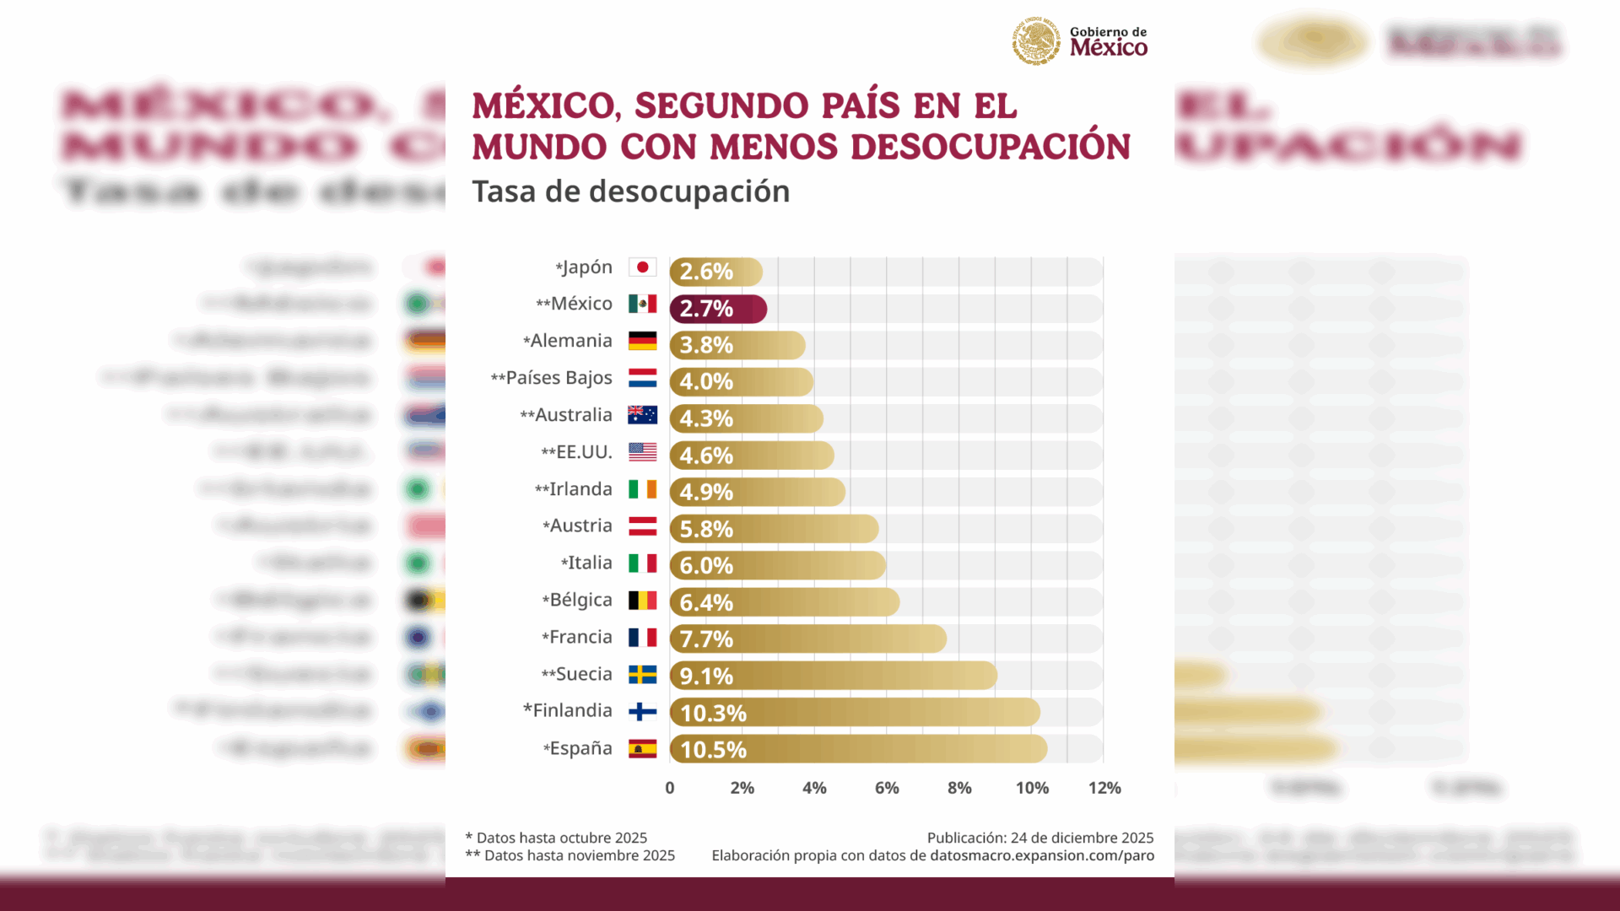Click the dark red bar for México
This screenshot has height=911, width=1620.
pyautogui.click(x=718, y=309)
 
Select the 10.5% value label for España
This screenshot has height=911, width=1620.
pyautogui.click(x=713, y=750)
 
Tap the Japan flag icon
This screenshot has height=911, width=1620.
pyautogui.click(x=642, y=267)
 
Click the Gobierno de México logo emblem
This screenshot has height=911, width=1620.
pyautogui.click(x=1036, y=40)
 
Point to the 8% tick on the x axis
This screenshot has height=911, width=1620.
pyautogui.click(x=959, y=788)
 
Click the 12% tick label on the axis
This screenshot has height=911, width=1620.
pyautogui.click(x=1104, y=788)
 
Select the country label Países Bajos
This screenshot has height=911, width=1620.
pyautogui.click(x=559, y=378)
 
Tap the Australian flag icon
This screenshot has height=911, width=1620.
pyautogui.click(x=642, y=415)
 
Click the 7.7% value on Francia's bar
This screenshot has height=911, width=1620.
pyautogui.click(x=706, y=639)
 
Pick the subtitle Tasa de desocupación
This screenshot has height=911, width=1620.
pyautogui.click(x=630, y=191)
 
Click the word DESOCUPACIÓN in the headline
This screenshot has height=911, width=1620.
pyautogui.click(x=990, y=147)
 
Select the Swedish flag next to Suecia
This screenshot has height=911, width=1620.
pyautogui.click(x=642, y=674)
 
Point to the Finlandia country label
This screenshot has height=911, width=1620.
pyautogui.click(x=572, y=710)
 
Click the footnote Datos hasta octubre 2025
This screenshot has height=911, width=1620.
pyautogui.click(x=561, y=838)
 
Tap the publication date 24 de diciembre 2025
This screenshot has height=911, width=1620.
pyautogui.click(x=1082, y=838)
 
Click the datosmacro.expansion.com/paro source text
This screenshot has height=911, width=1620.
pyautogui.click(x=1041, y=855)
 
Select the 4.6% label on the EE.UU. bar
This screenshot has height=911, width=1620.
pyautogui.click(x=706, y=455)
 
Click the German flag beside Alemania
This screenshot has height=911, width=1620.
pyautogui.click(x=642, y=341)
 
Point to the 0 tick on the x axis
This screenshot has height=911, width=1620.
pyautogui.click(x=670, y=788)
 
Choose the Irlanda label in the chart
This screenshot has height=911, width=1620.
pyautogui.click(x=580, y=489)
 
